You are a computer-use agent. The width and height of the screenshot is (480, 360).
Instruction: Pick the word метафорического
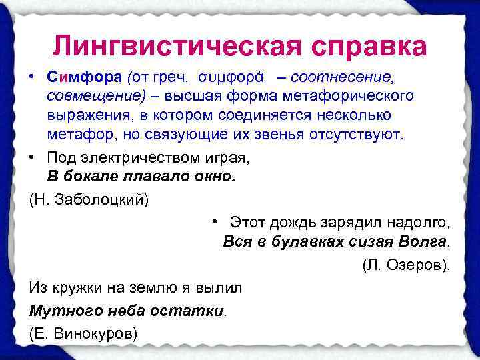pos(349,95)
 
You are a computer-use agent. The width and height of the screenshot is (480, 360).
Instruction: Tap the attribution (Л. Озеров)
pos(406,265)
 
